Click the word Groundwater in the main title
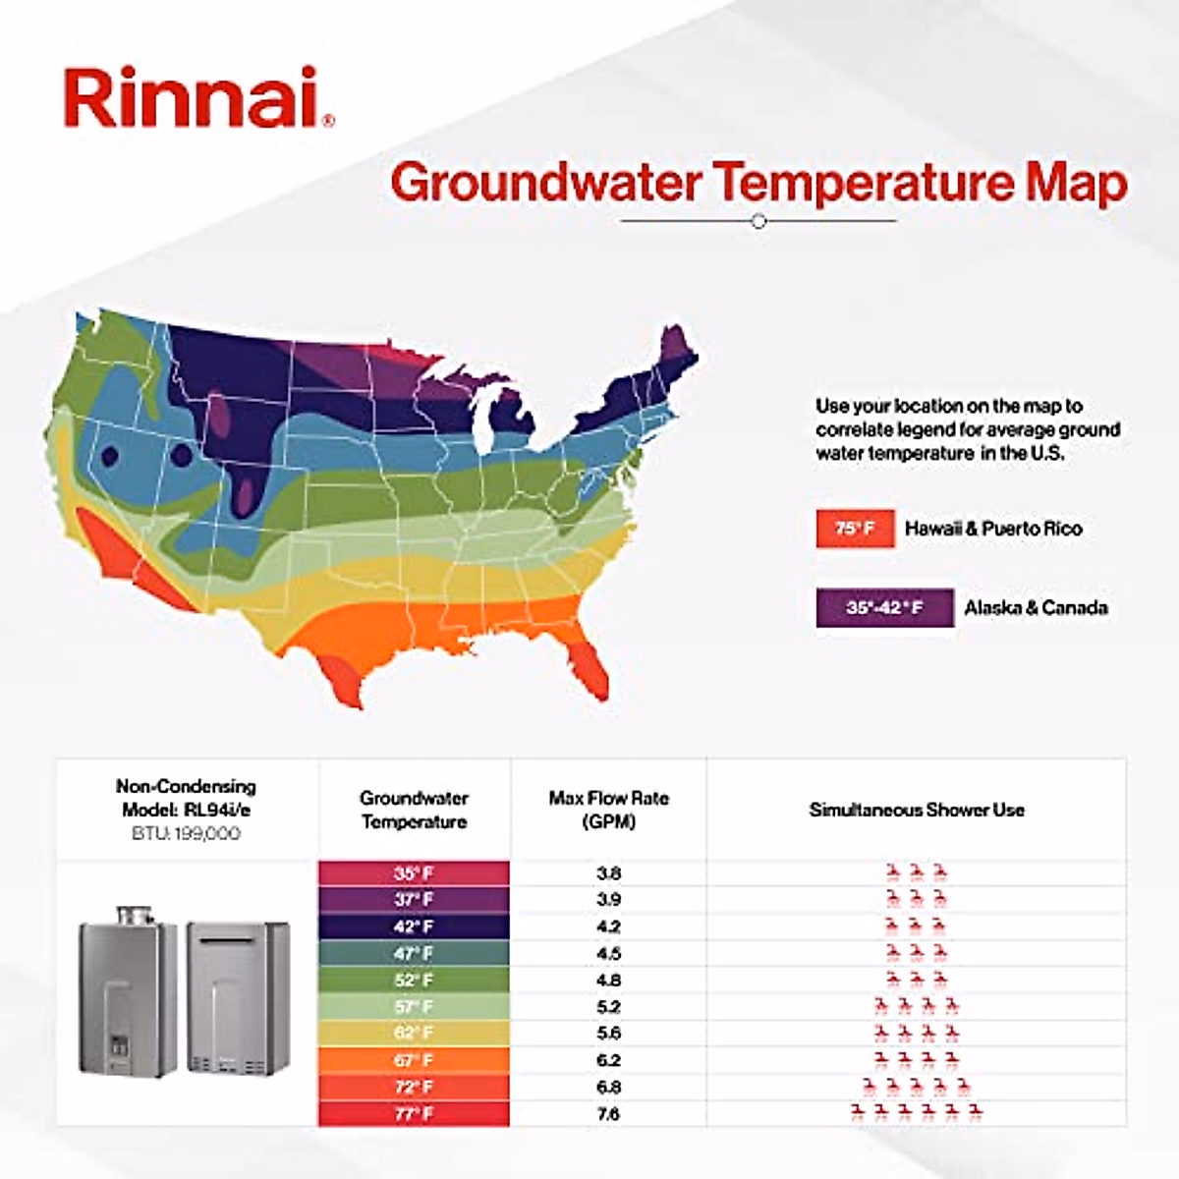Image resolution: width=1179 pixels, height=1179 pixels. point(545,184)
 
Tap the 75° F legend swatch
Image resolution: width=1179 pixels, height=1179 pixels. point(855,529)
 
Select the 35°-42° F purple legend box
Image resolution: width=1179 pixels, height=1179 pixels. point(884,607)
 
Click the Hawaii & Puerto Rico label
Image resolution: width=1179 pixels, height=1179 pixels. point(993,529)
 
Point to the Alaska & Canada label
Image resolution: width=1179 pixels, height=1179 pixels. point(1036,607)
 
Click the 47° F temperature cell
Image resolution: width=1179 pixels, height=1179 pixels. point(414,953)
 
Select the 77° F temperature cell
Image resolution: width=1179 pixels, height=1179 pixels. point(414,1114)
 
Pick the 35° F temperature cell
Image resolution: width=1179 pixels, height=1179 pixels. point(414,873)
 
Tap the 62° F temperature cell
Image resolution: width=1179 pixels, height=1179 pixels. point(414,1034)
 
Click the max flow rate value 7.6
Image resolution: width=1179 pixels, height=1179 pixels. point(608,1114)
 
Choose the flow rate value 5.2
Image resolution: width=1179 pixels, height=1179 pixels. point(608,1007)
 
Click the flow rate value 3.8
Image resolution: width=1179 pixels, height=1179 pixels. point(608,873)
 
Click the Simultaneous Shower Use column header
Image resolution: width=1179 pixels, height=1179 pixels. point(916,811)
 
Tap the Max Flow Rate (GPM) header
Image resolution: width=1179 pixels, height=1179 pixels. point(608,810)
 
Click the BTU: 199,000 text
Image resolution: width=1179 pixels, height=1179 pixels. point(186,834)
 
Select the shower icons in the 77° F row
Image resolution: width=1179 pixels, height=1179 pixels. point(916,1112)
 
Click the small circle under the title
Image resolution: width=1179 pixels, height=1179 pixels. point(758,222)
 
